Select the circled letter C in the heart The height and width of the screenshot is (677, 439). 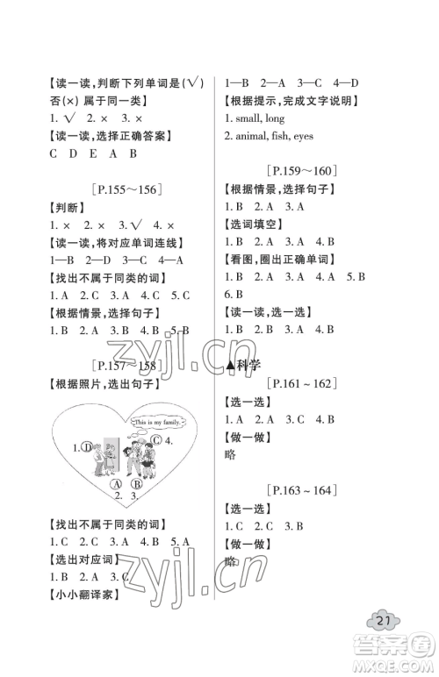pos(155,440)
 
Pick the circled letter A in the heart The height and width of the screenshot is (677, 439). pos(116,483)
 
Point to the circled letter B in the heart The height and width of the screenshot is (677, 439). pos(137,483)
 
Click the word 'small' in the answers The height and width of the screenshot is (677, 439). pos(250,118)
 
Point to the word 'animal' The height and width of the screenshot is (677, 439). pos(258,136)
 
